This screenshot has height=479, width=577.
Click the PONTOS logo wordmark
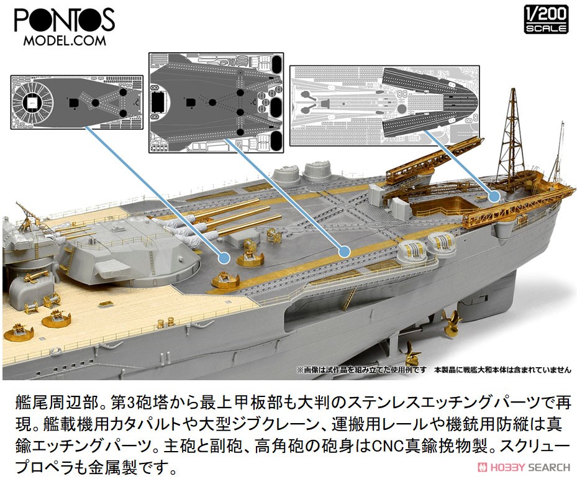(x=65, y=21)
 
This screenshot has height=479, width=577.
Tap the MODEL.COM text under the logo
(x=65, y=40)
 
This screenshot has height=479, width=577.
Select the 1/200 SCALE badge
(x=546, y=20)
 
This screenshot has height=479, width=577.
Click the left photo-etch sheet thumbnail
(x=77, y=102)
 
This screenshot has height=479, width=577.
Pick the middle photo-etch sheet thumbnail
(x=216, y=103)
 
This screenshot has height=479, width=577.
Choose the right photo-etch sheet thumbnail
(x=384, y=106)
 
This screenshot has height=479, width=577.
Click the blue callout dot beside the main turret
(x=224, y=258)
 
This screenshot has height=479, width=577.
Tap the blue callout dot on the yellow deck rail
(x=344, y=252)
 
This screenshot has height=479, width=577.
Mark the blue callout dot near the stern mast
(x=494, y=196)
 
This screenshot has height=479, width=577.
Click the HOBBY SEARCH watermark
(x=524, y=467)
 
